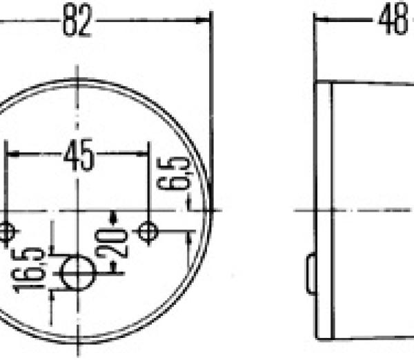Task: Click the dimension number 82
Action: click(x=77, y=20)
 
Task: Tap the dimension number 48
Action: click(x=393, y=19)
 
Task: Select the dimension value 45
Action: click(x=79, y=154)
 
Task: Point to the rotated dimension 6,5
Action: click(x=174, y=173)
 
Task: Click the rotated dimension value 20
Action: click(x=112, y=243)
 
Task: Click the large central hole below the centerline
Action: click(x=78, y=273)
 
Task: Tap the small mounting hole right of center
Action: click(x=148, y=232)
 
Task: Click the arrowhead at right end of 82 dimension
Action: click(x=203, y=20)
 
